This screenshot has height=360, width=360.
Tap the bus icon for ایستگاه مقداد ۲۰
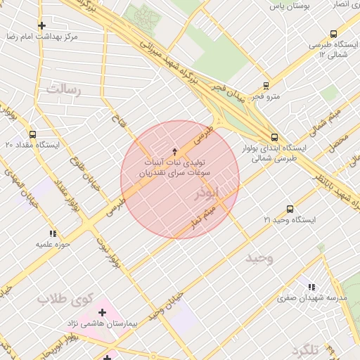pos(32,134)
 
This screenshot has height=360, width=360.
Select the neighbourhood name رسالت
pos(64,89)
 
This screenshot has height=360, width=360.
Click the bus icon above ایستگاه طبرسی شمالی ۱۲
pos(333,34)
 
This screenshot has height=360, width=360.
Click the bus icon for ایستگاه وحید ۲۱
pos(290,209)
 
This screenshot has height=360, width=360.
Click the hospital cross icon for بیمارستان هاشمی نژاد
pos(102,311)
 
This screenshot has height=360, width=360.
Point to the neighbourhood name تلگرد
pos(307,349)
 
